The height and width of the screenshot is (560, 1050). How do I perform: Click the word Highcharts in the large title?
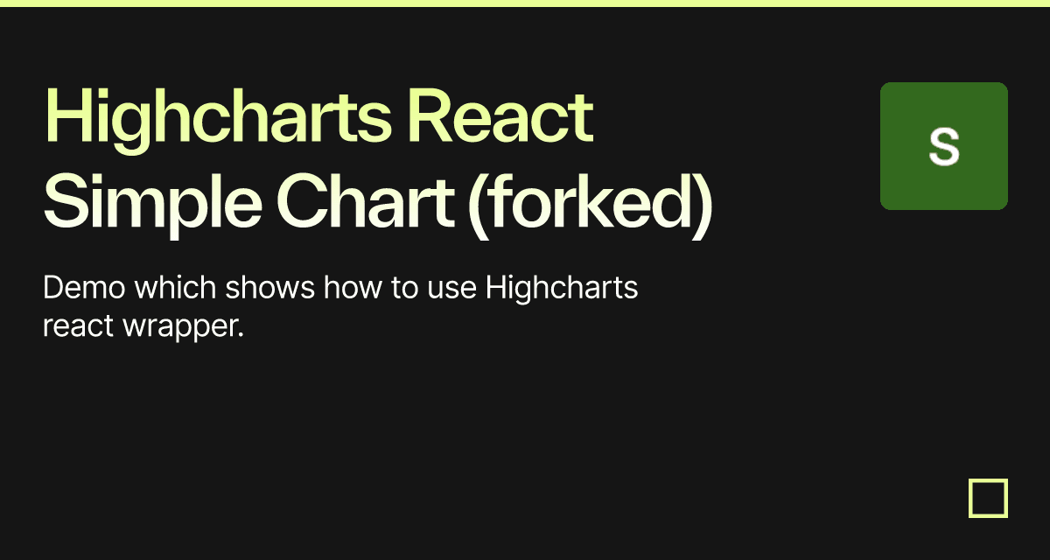(218, 120)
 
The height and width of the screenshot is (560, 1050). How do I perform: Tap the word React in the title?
(501, 115)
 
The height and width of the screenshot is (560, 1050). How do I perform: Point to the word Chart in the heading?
(366, 201)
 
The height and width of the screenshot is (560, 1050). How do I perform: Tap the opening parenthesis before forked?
(479, 206)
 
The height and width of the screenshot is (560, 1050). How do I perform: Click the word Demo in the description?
(84, 287)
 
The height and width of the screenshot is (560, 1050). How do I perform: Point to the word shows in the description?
(270, 287)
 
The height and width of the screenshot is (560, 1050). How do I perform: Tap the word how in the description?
(353, 287)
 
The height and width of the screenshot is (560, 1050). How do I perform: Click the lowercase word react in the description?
(78, 326)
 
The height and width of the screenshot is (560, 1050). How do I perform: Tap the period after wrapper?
(241, 334)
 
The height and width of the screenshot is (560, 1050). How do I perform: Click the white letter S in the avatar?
(944, 147)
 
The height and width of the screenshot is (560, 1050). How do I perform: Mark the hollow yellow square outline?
(970, 498)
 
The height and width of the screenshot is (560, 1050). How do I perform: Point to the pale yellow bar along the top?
(525, 3)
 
